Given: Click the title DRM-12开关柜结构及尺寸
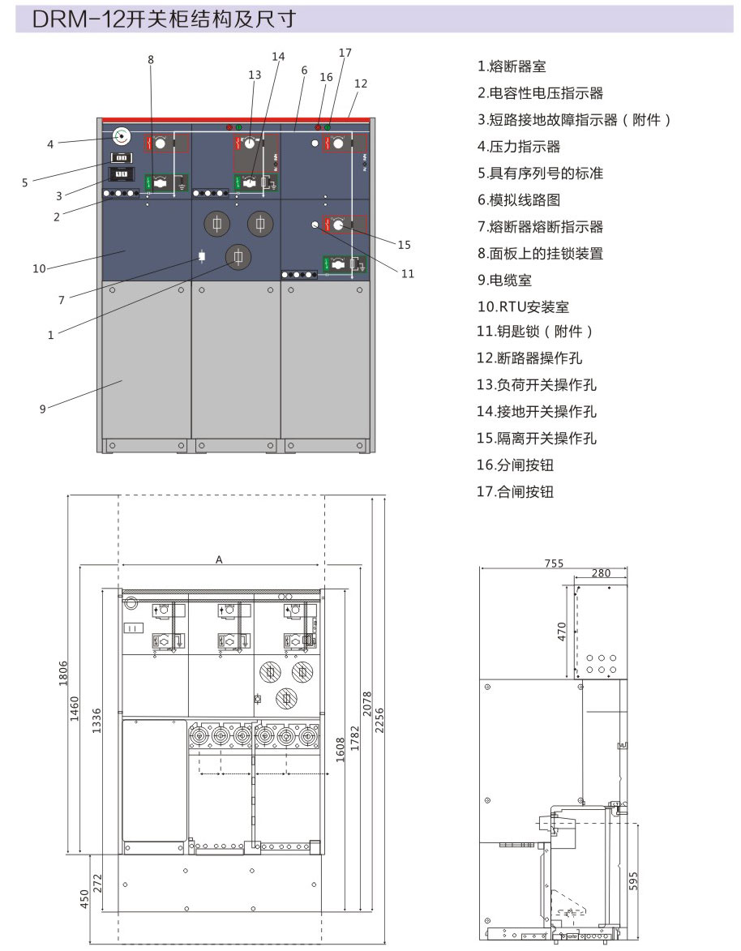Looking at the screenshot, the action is [164, 19].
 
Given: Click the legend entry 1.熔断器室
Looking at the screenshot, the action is [512, 66].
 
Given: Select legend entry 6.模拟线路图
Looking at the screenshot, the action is [519, 200].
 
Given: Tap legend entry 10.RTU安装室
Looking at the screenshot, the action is [523, 307].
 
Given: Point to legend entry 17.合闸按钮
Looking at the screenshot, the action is [515, 491].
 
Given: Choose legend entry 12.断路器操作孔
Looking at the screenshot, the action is [529, 358].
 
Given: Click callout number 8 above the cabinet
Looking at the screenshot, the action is [151, 59].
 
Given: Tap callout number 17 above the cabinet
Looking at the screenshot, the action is [345, 53].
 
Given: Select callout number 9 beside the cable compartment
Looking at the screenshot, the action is [42, 409].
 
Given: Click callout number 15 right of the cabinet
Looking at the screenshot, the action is [404, 244].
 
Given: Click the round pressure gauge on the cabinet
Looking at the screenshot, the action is [122, 136].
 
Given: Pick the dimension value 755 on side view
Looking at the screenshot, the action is [554, 563].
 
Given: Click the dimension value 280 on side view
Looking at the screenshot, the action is [601, 573].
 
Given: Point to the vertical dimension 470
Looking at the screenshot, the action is [562, 632].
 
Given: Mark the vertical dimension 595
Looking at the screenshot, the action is [633, 881].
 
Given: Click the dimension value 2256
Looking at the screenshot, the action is [379, 721].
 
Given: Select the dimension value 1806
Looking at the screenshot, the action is [64, 674].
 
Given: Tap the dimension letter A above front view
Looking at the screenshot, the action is [220, 559].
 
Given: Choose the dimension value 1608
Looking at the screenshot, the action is [340, 750].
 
